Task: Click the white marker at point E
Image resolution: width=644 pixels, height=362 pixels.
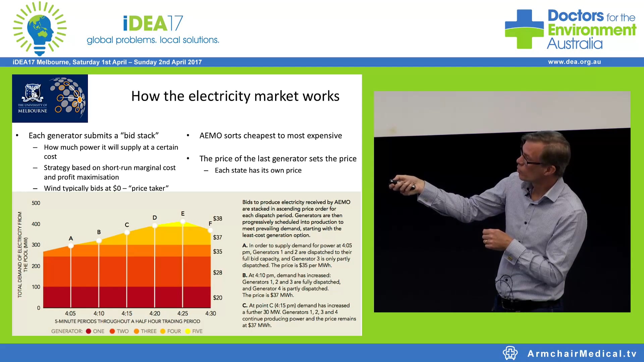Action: click(183, 221)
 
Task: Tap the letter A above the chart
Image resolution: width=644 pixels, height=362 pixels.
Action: click(71, 238)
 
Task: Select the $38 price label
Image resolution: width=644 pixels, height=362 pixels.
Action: click(217, 219)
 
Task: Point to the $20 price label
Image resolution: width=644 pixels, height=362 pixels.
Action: click(217, 298)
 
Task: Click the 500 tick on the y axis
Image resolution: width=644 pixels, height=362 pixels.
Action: click(36, 203)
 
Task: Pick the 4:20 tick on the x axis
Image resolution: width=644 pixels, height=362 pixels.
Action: click(155, 313)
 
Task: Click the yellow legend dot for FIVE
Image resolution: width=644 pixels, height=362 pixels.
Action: click(188, 331)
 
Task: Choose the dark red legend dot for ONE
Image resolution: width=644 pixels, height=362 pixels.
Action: click(89, 331)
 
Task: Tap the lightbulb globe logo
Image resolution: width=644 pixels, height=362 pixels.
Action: click(40, 29)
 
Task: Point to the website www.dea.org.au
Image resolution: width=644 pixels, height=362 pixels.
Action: click(574, 62)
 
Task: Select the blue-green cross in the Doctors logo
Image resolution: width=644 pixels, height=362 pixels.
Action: click(524, 29)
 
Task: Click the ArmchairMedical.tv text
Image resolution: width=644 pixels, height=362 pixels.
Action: click(582, 354)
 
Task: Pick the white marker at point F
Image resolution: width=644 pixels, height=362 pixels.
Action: click(210, 230)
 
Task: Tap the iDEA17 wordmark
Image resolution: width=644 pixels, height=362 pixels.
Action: click(153, 23)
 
